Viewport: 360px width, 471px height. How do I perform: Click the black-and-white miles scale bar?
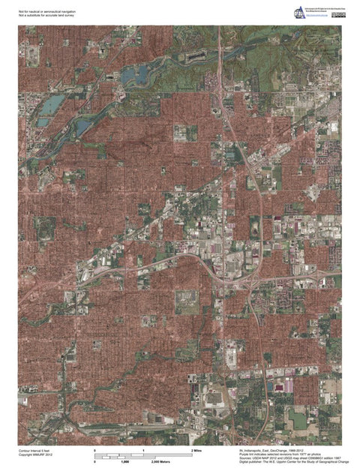(143, 455)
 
